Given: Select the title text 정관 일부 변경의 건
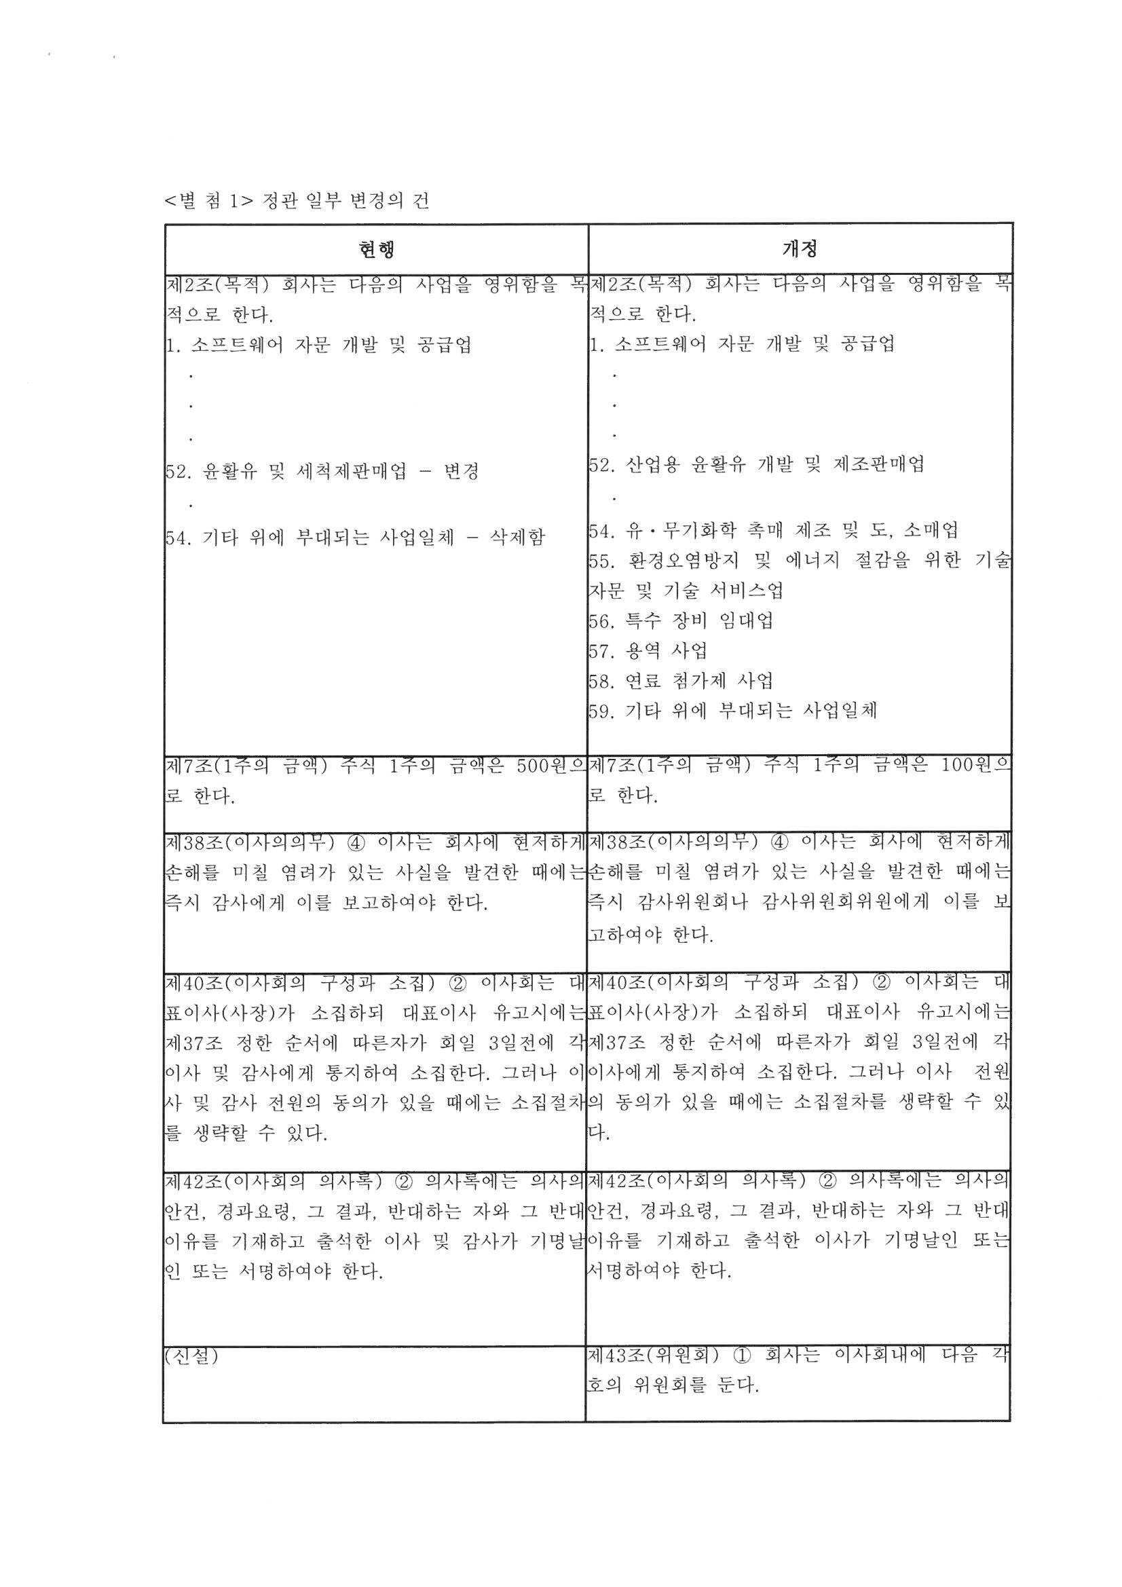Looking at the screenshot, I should pos(345,201).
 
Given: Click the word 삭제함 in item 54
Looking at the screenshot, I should pos(517,537).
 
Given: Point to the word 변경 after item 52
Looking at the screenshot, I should pos(461,472).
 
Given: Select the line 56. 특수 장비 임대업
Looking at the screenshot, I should pos(681,620).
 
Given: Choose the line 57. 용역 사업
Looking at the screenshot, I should pos(648,650).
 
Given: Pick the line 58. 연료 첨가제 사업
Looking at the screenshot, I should pos(681,681).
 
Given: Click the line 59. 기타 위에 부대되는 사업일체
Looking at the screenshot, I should pos(733,711).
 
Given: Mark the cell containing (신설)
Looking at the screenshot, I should pos(191,1357).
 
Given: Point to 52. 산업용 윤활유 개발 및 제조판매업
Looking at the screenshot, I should pos(756,464).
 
